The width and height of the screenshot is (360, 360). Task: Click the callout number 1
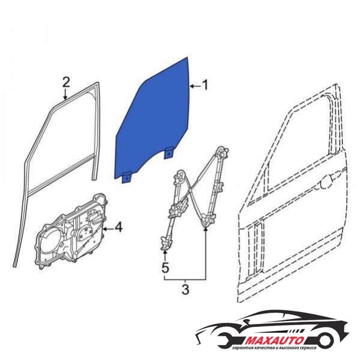(205, 85)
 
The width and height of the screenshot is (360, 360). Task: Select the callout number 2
(66, 82)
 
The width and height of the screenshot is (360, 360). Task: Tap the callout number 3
(185, 289)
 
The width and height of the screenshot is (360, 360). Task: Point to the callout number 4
(118, 228)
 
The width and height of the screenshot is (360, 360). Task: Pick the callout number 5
(165, 267)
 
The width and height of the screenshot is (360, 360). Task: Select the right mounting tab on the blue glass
(169, 153)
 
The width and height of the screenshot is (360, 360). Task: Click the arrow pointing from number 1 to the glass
(195, 87)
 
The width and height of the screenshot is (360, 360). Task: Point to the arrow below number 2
(66, 94)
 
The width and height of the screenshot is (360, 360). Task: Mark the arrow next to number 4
(108, 228)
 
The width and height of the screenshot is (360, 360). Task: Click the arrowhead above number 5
(165, 252)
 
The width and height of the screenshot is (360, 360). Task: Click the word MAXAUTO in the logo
(275, 340)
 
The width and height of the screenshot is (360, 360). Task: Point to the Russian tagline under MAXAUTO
(274, 348)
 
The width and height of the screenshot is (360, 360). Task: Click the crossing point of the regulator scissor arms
(191, 190)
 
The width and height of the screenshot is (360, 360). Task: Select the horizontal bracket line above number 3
(185, 279)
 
